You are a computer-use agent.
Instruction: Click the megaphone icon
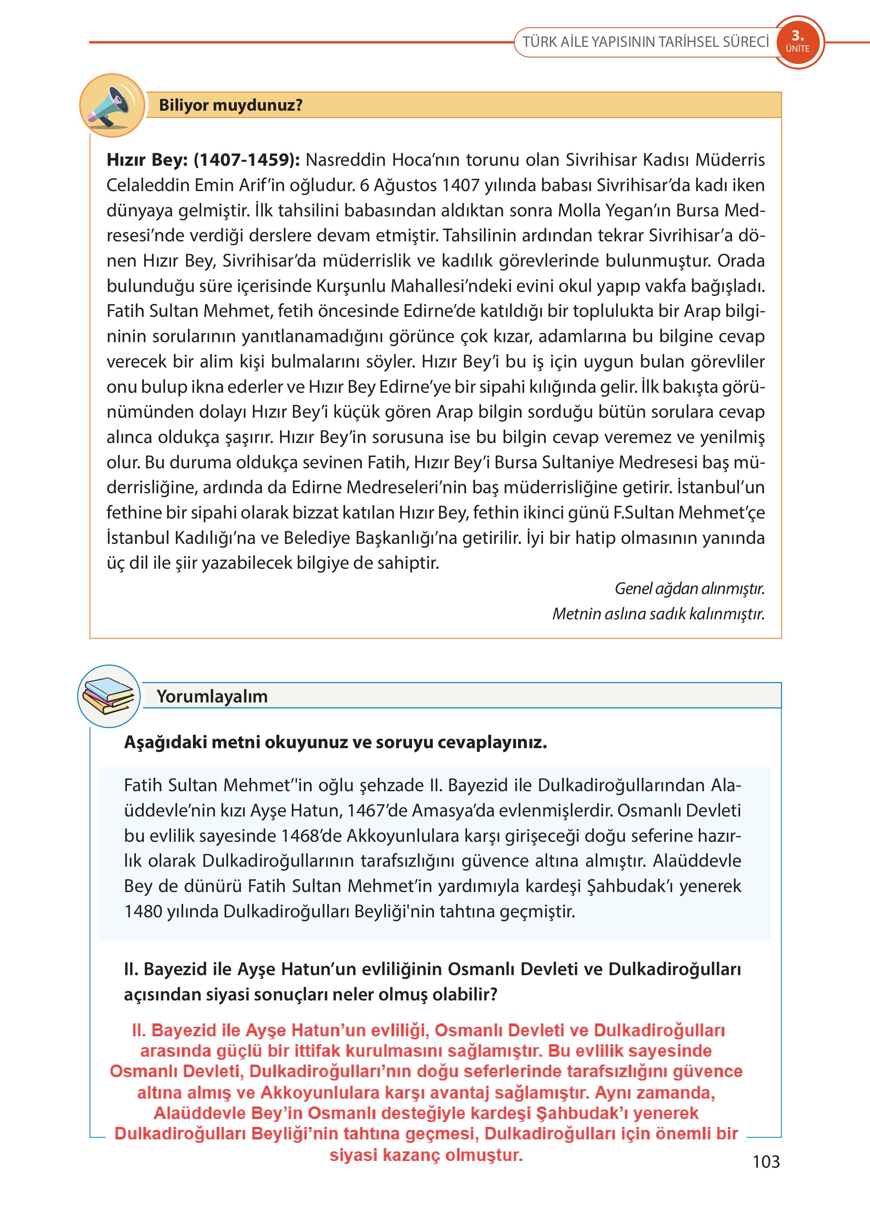[111, 105]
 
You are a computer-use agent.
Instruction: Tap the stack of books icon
[109, 696]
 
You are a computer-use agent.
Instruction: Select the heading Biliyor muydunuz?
[230, 105]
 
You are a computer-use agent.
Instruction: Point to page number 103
[766, 1162]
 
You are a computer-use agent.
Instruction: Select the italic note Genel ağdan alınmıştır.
[690, 588]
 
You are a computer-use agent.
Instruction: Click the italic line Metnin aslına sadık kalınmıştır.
[659, 613]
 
